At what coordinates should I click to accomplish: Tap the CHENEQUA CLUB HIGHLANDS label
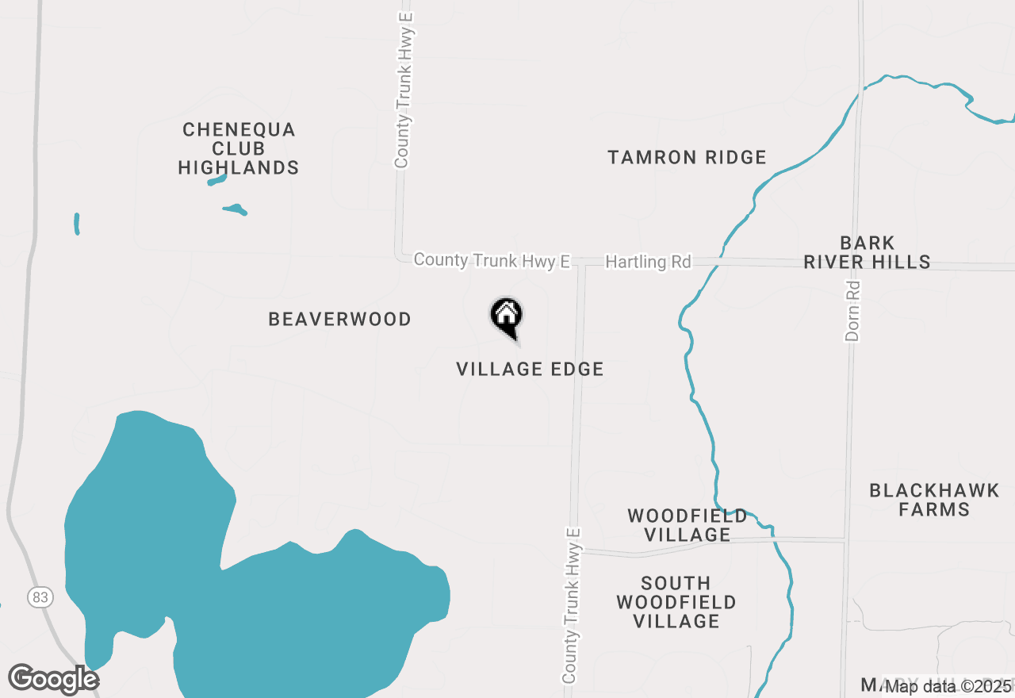tap(238, 148)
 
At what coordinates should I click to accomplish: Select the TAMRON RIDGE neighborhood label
tap(687, 158)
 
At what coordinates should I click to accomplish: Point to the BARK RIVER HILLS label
tap(867, 252)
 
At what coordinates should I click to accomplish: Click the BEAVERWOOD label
tap(339, 320)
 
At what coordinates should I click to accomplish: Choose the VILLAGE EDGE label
tap(530, 369)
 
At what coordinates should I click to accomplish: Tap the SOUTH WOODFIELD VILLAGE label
tap(676, 602)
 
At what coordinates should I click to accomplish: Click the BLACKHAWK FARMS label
tap(934, 500)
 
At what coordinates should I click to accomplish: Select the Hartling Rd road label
tap(648, 262)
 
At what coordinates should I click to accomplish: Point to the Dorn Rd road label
tap(852, 311)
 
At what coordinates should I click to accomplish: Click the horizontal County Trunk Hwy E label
tap(492, 260)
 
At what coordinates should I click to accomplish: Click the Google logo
tap(53, 680)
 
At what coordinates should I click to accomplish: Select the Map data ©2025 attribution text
tap(948, 686)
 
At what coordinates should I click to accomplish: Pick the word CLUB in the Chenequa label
tap(238, 148)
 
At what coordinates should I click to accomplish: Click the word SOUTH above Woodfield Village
tap(676, 583)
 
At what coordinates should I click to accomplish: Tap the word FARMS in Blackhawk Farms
tap(934, 509)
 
